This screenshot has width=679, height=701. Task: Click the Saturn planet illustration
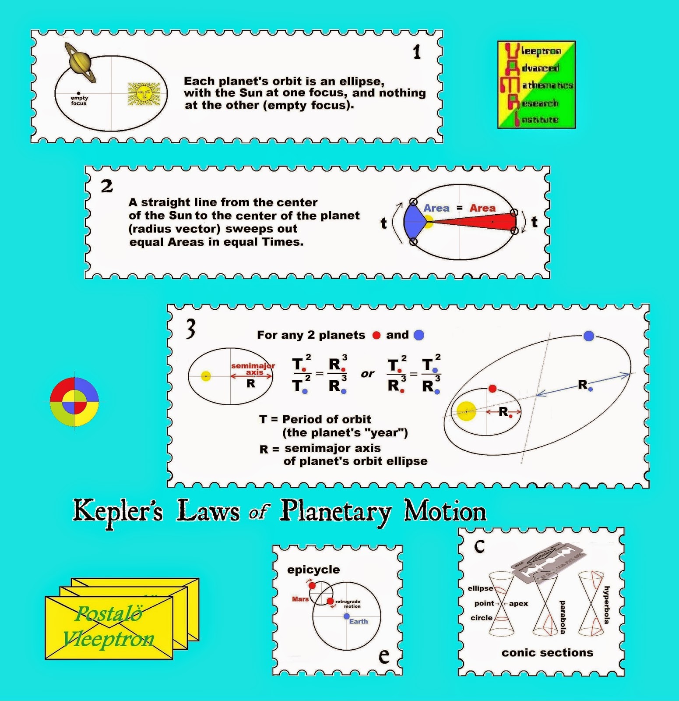click(81, 63)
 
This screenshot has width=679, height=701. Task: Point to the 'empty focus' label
click(79, 101)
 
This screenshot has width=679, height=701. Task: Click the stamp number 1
click(417, 53)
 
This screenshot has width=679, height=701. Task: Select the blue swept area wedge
click(414, 222)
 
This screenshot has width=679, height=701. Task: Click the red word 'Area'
click(482, 208)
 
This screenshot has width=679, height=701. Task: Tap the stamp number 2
click(107, 187)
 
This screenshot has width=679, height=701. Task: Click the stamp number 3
click(190, 329)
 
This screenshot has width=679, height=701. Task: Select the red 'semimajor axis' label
click(253, 369)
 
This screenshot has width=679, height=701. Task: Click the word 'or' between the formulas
click(368, 374)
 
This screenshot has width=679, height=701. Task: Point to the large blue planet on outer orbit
click(589, 336)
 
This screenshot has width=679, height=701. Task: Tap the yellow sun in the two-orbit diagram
click(466, 411)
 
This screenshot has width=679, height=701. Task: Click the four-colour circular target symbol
click(74, 401)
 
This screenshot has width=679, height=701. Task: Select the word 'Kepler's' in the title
click(118, 511)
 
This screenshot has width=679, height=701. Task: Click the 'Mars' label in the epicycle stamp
click(300, 599)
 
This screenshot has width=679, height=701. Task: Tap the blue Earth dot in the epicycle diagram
click(346, 616)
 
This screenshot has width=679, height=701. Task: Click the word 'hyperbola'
click(606, 605)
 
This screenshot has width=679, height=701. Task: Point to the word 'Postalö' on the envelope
click(109, 613)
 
